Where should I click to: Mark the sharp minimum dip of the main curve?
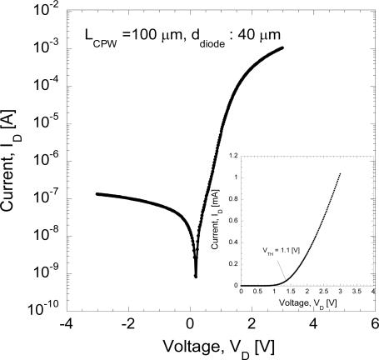195,274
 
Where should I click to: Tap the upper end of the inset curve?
340,173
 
